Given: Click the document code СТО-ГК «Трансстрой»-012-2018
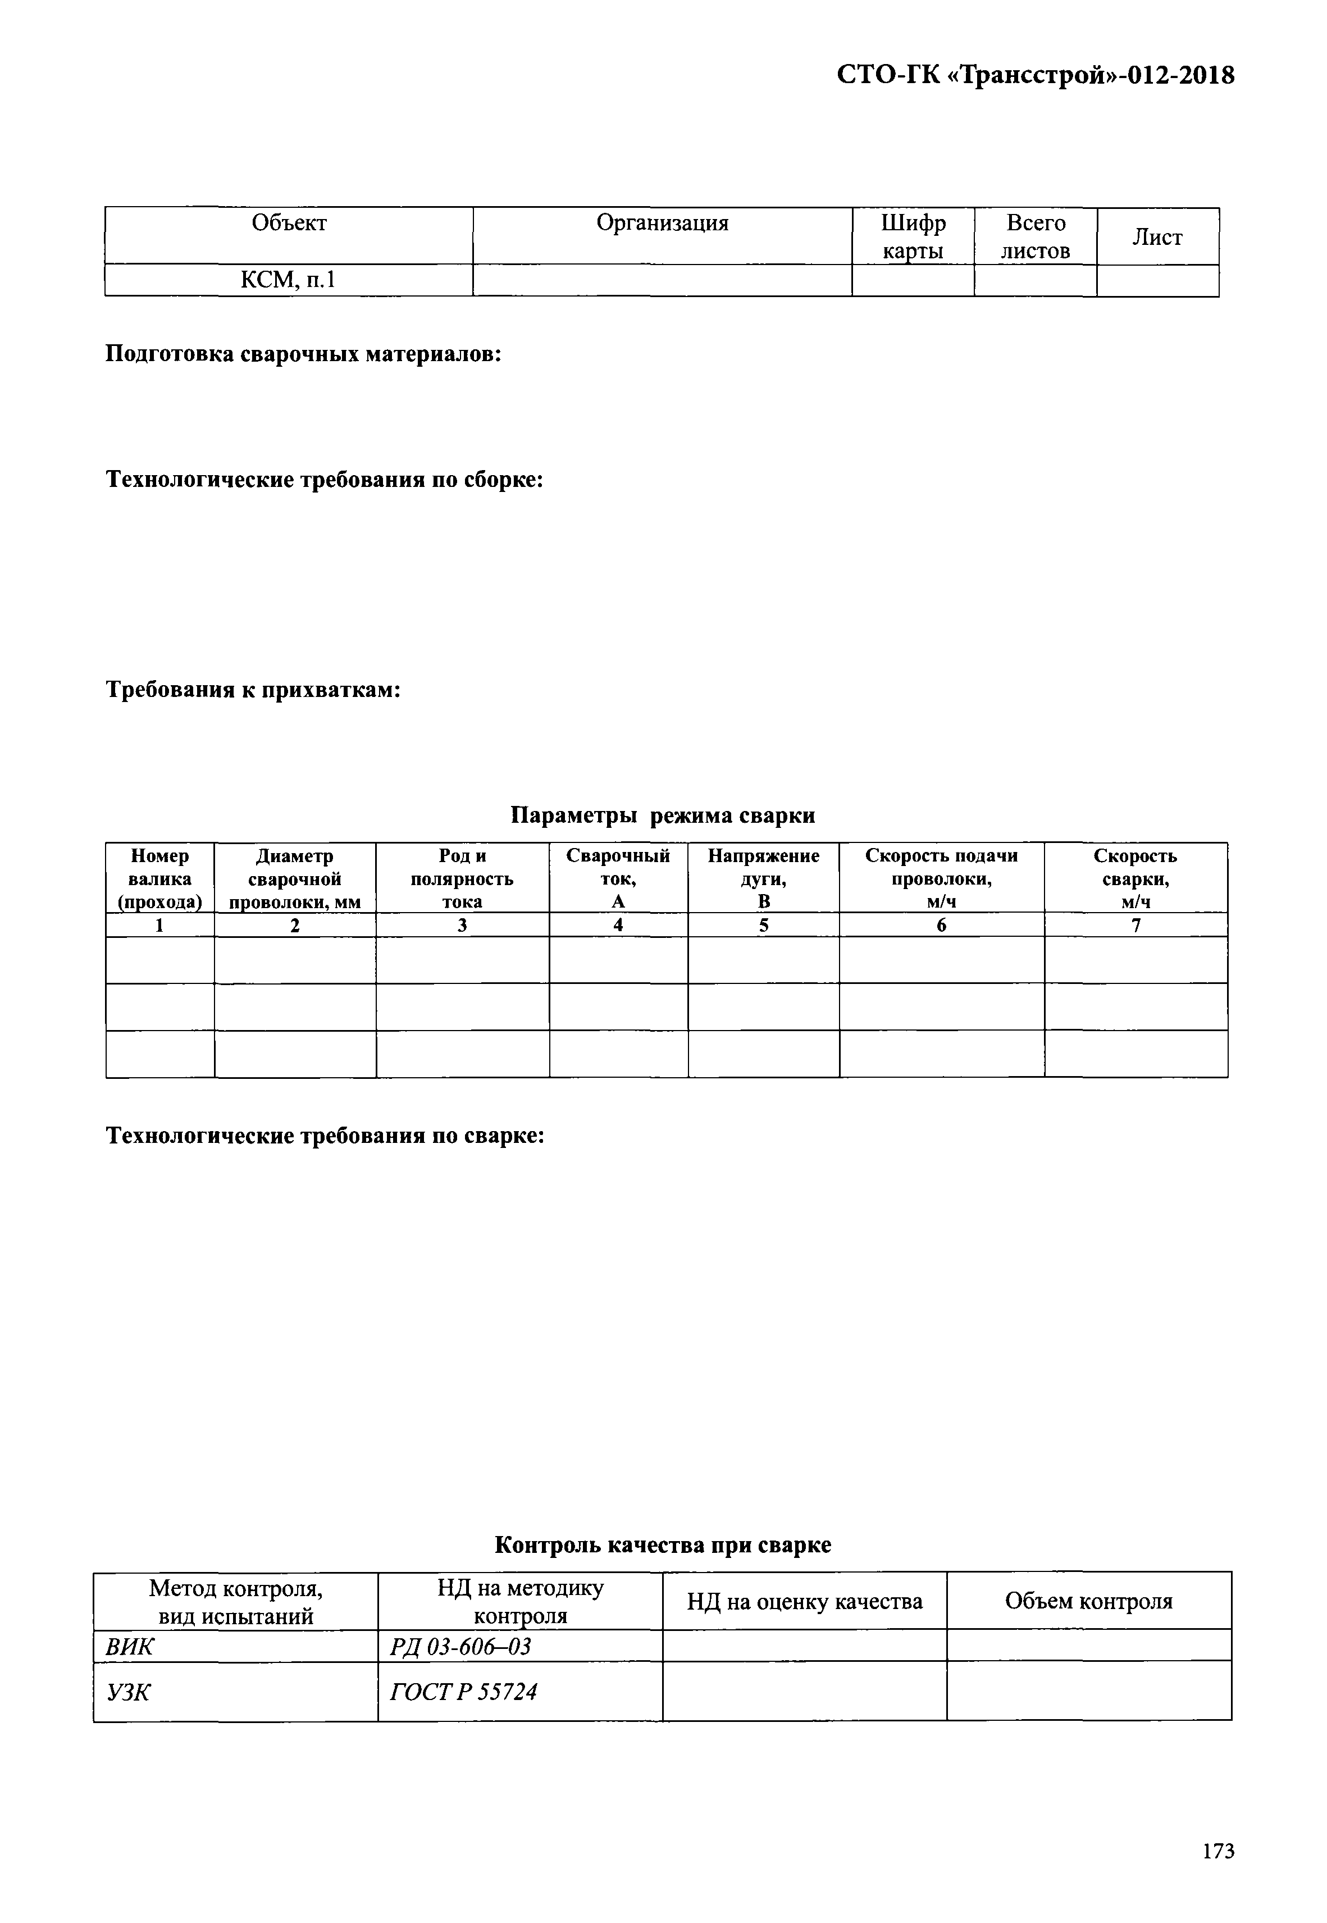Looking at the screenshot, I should pyautogui.click(x=1034, y=76).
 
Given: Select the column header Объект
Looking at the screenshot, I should pyautogui.click(x=289, y=224).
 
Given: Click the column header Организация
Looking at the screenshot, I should pyautogui.click(x=662, y=224).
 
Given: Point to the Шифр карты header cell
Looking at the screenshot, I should pyautogui.click(x=913, y=237).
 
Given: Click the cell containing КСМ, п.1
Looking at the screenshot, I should pyautogui.click(x=289, y=280).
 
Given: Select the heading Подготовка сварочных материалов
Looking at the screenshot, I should pyautogui.click(x=303, y=354).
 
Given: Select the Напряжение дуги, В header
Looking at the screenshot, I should pyautogui.click(x=763, y=879).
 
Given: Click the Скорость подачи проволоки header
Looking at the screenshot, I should pyautogui.click(x=941, y=879).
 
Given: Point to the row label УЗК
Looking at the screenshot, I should pyautogui.click(x=128, y=1691).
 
